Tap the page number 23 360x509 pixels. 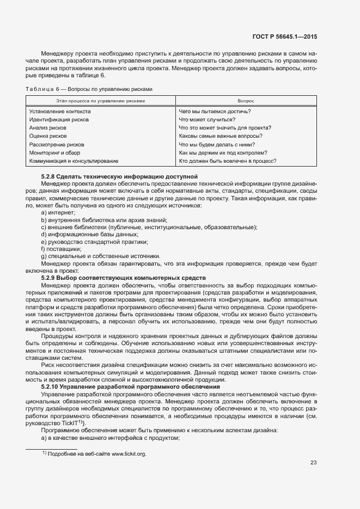313,463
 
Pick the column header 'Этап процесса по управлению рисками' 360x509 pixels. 101,101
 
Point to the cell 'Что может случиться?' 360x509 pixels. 207,120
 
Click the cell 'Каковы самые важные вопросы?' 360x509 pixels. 221,136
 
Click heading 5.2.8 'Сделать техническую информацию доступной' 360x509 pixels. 119,177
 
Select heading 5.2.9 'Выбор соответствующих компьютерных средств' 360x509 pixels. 123,278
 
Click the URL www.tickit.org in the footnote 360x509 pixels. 129,453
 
